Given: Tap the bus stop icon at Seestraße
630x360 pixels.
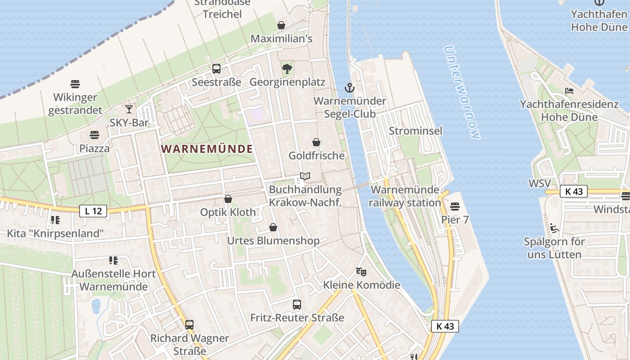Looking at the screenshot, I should [216, 69].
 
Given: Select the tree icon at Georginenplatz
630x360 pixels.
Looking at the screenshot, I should [287, 69].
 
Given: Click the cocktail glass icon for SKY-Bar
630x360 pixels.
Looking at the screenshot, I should [129, 109].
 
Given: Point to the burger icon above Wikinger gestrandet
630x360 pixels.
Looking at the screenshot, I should [75, 84].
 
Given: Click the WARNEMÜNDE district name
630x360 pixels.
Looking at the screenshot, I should [207, 149].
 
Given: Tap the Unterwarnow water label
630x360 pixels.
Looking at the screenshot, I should [462, 92].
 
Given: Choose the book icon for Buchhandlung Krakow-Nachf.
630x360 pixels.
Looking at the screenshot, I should [305, 176].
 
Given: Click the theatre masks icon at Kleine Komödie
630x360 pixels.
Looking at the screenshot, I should [361, 271].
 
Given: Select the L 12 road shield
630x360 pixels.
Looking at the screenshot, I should [93, 211].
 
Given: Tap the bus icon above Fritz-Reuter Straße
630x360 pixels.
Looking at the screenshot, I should [297, 305].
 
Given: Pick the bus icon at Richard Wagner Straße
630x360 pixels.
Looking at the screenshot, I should [189, 324].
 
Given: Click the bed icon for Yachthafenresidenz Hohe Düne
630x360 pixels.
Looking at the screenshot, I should [569, 91].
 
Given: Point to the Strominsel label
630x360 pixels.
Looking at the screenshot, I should [415, 131].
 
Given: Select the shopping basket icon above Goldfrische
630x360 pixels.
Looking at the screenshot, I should [316, 142].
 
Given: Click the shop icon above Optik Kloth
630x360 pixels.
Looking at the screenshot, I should [228, 199].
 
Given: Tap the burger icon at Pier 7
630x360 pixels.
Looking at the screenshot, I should [455, 207].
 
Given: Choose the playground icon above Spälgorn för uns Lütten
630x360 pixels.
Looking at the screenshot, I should [554, 228].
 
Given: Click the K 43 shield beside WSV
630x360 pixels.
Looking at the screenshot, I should [574, 191].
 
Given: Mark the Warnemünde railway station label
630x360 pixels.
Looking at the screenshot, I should [405, 196].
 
